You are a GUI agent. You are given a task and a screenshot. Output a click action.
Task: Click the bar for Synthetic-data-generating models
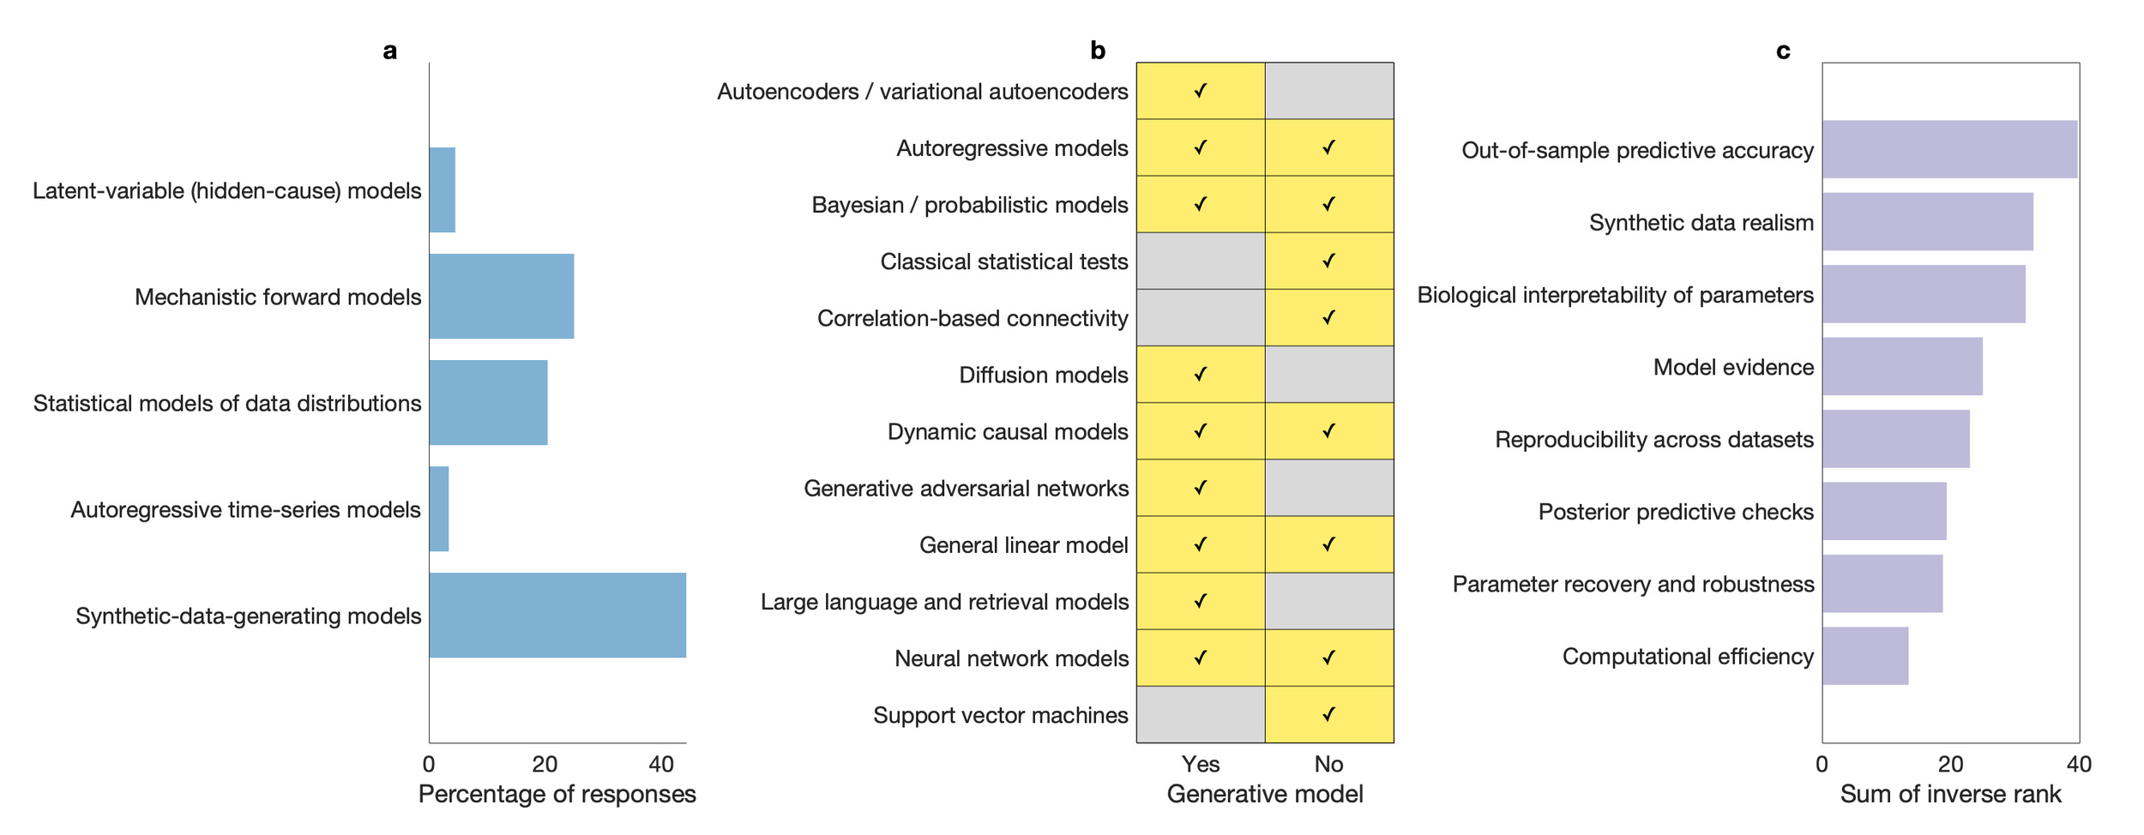click(557, 616)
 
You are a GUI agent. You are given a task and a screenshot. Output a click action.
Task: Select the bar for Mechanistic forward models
click(502, 297)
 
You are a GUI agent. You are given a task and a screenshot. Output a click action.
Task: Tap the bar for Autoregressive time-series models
click(439, 509)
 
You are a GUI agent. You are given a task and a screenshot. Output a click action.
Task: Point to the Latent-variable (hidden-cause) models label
click(226, 190)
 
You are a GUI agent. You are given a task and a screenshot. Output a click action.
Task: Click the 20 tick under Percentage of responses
click(545, 764)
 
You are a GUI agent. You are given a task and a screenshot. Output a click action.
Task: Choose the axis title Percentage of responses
click(557, 794)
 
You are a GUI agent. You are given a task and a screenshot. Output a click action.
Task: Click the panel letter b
click(1098, 51)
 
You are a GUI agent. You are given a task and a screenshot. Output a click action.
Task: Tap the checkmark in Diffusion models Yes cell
click(1201, 375)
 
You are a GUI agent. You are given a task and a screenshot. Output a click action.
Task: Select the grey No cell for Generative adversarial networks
click(1329, 488)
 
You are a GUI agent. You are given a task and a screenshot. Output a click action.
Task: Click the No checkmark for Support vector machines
click(1329, 714)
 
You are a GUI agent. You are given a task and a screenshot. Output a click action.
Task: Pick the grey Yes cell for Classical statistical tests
click(1201, 261)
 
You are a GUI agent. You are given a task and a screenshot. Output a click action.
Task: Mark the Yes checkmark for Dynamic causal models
click(1201, 431)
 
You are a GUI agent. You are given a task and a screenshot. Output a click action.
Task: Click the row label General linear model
click(1023, 545)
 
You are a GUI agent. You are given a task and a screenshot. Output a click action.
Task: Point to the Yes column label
click(1201, 764)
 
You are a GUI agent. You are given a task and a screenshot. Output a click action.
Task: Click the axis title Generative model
click(1265, 794)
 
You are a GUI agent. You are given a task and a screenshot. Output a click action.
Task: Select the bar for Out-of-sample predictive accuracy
click(1949, 149)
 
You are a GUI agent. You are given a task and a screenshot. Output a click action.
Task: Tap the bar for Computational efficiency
click(1865, 656)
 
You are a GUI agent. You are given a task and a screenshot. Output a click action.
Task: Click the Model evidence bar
click(1902, 366)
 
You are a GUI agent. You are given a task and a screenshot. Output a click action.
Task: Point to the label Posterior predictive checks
click(1676, 512)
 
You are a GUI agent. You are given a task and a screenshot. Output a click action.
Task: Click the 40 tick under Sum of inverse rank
click(2079, 764)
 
